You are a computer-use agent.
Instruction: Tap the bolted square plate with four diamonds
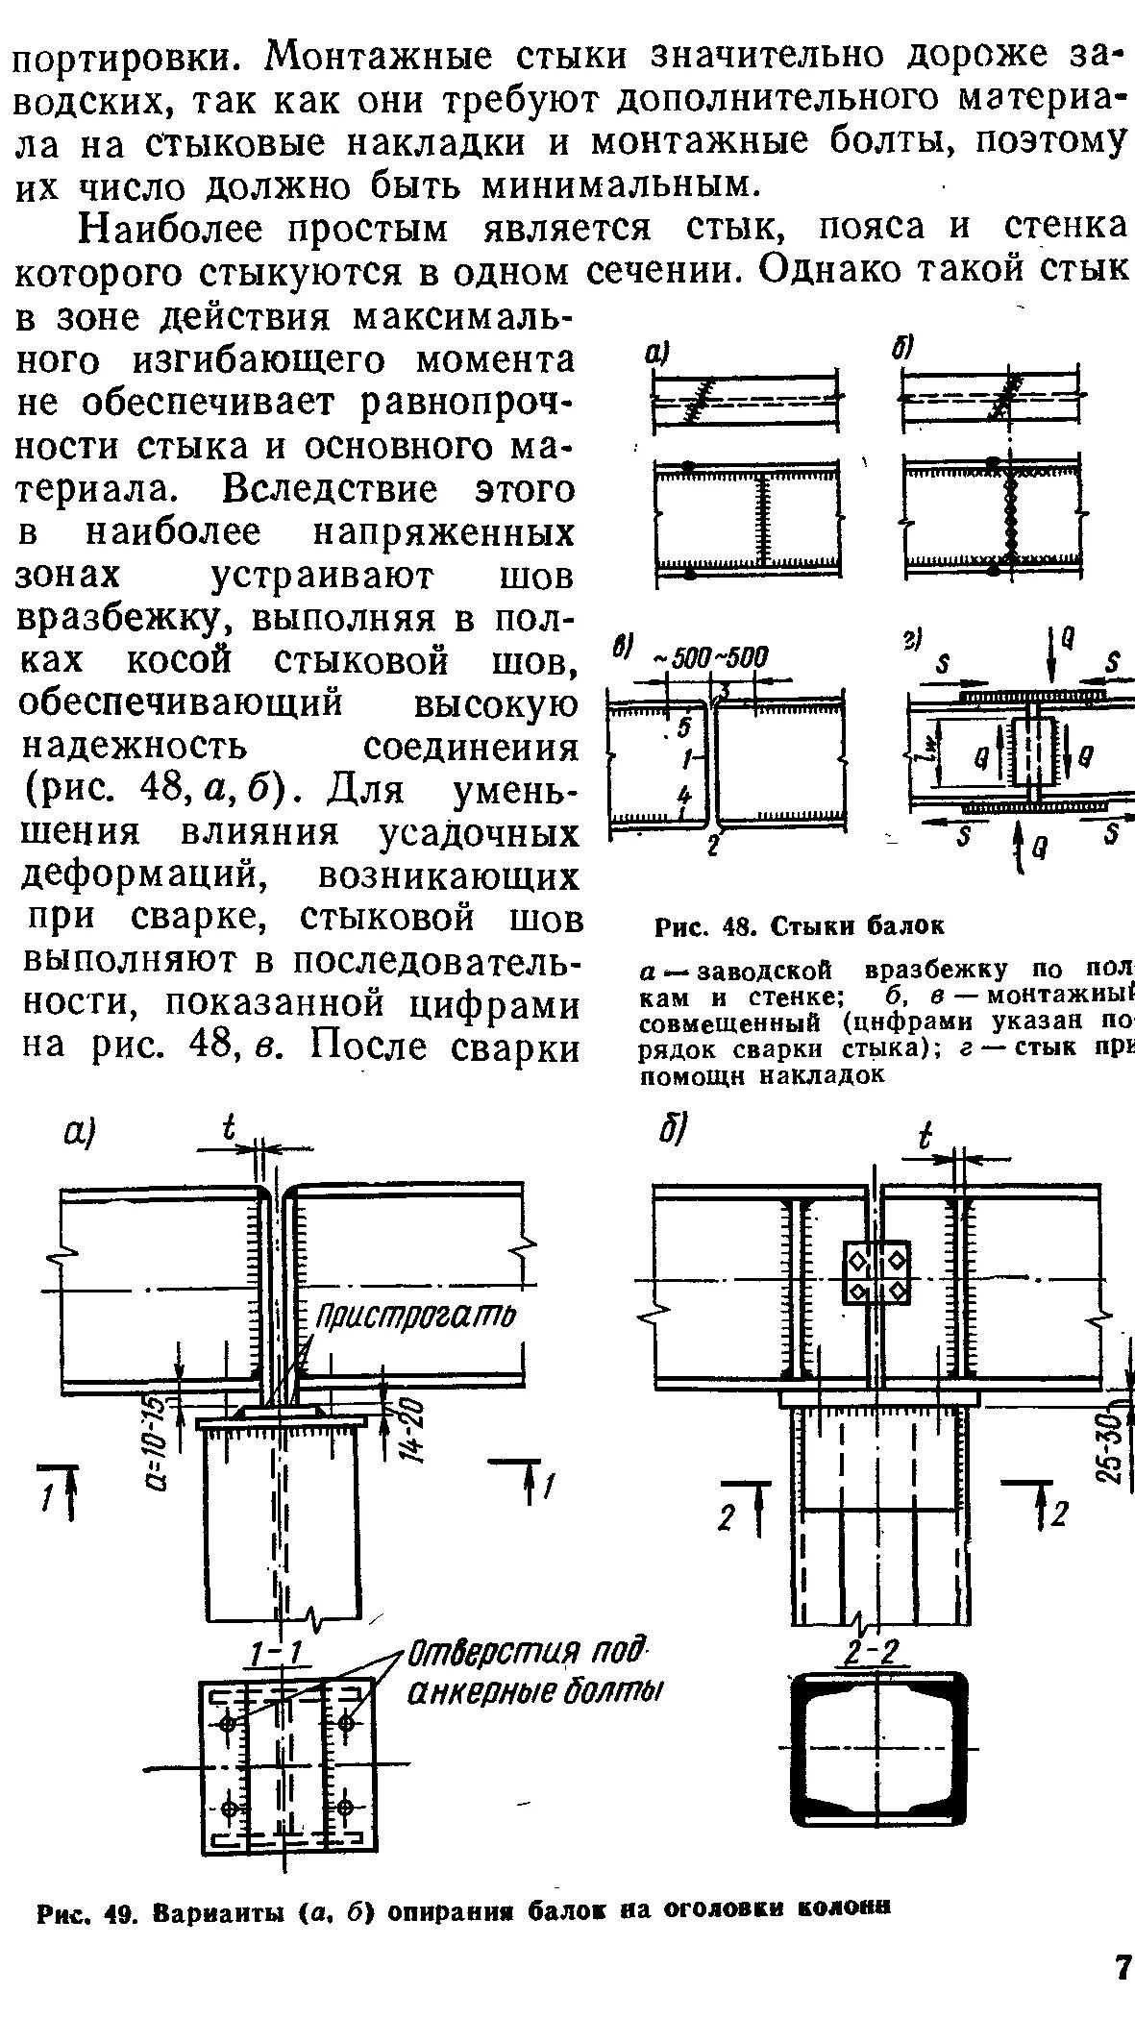click(876, 1272)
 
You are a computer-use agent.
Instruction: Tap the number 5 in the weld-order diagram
click(685, 727)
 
